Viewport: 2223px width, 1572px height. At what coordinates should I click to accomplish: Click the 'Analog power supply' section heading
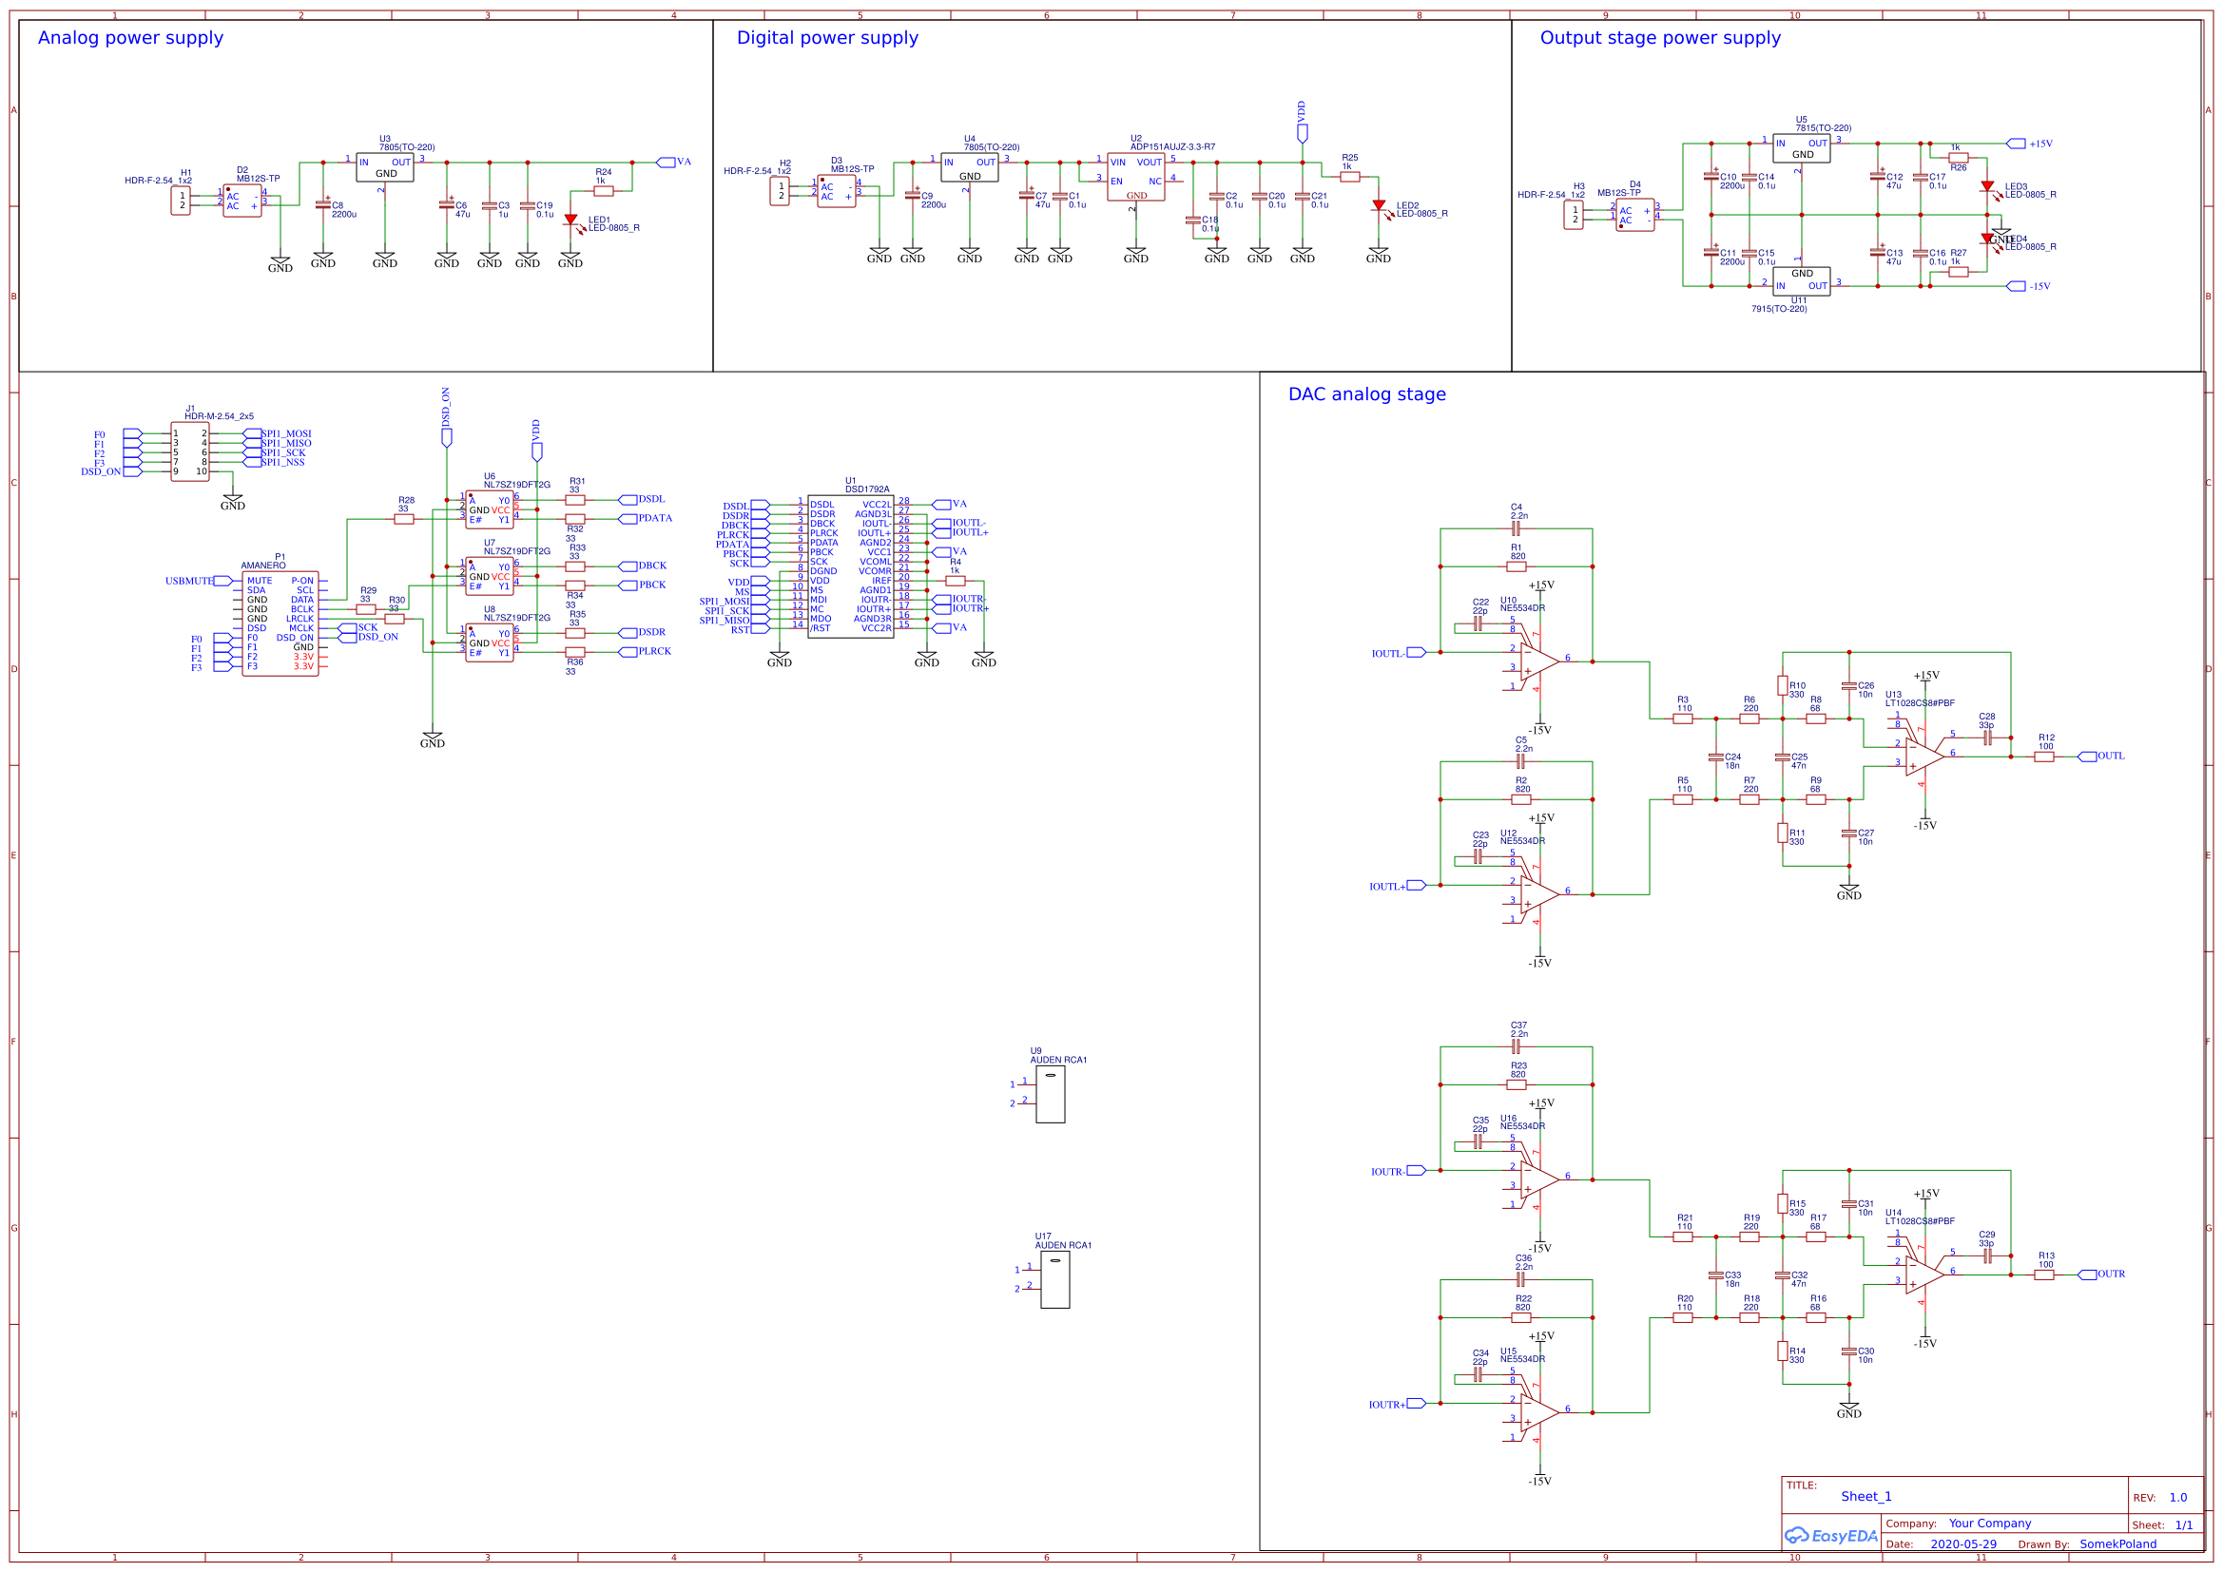pos(129,38)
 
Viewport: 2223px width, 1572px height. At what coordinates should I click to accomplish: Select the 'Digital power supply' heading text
pos(827,38)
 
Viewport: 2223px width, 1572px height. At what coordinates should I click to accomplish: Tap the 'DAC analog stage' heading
pos(1366,394)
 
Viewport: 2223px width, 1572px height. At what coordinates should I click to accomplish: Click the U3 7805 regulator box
pos(384,167)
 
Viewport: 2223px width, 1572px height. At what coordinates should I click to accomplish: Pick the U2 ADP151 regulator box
pos(1135,177)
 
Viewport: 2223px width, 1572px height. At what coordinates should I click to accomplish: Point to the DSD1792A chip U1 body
pos(850,566)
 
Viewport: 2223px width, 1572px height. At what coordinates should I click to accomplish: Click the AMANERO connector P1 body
pos(280,623)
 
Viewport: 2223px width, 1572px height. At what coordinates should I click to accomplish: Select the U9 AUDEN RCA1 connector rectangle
pos(1050,1095)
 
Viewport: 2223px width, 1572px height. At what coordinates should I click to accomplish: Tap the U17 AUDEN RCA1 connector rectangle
pos(1054,1279)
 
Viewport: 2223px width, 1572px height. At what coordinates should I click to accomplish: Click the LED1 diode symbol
pos(570,220)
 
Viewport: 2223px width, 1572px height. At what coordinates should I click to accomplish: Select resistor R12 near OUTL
pos(2044,756)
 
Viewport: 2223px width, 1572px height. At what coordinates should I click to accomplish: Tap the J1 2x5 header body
pos(190,452)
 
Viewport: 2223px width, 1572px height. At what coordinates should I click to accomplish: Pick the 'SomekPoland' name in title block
pos(2117,1543)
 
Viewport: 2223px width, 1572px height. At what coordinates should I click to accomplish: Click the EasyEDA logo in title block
pos(1831,1536)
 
